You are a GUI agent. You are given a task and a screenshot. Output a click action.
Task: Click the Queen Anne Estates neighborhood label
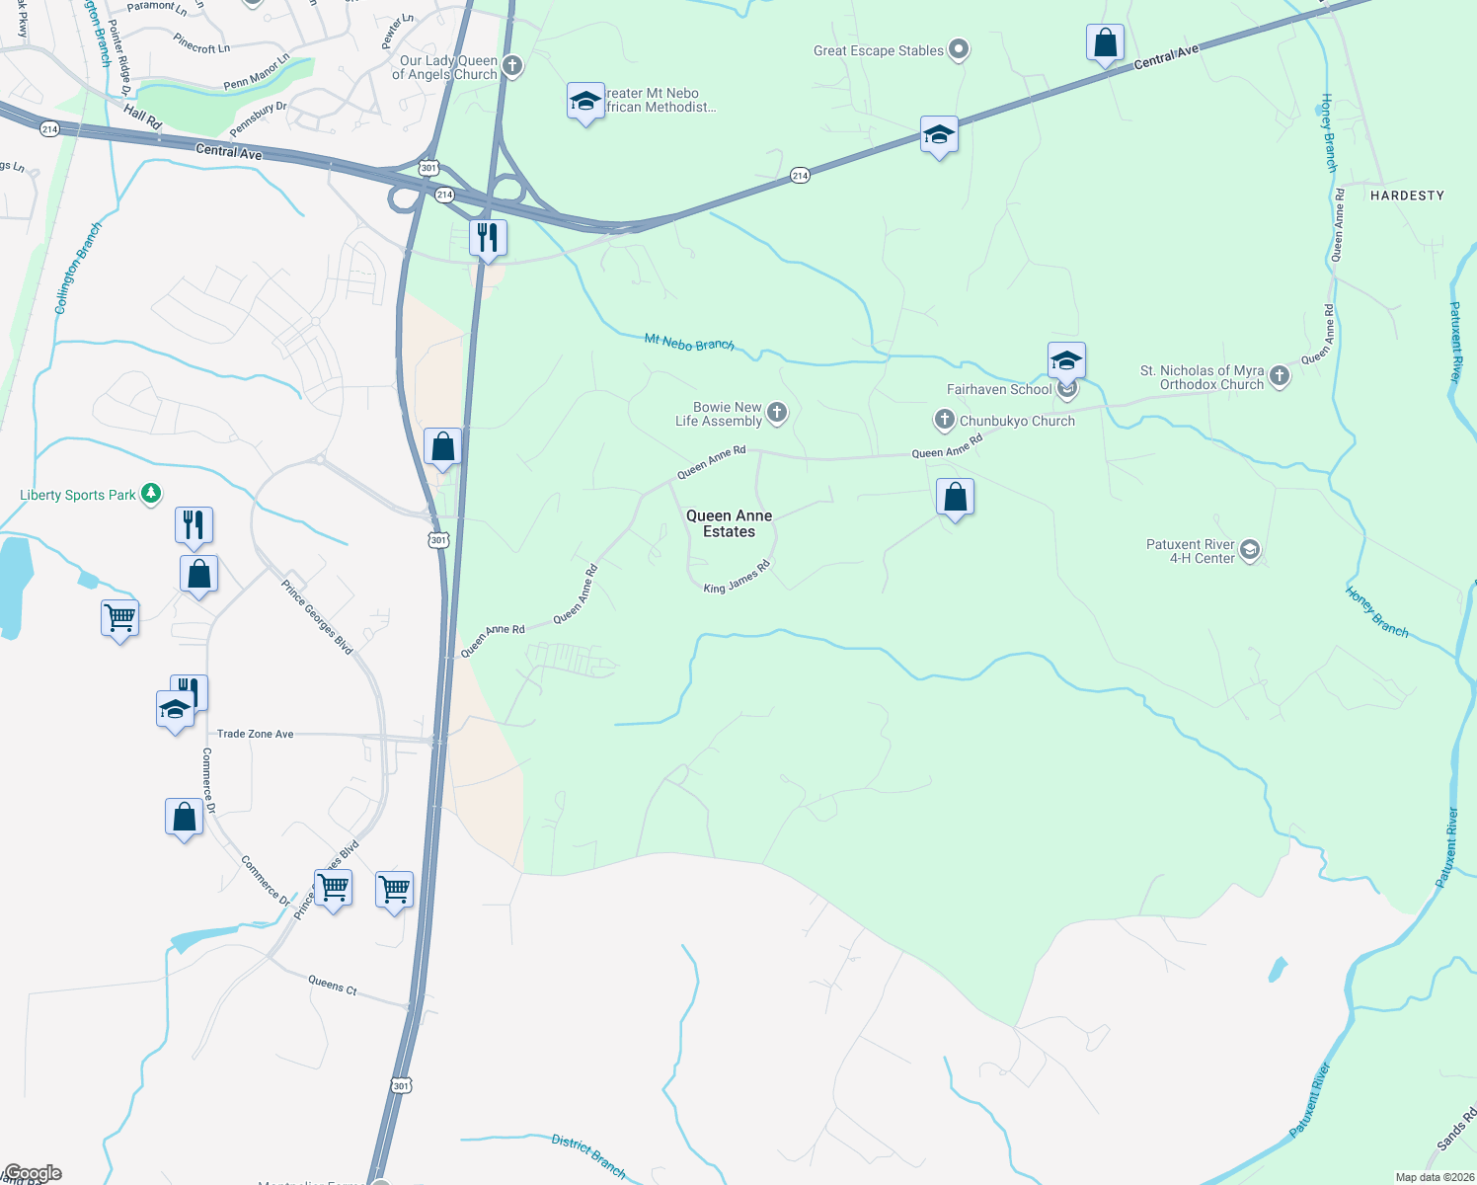click(729, 523)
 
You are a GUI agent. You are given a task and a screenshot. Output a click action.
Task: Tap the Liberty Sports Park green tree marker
click(151, 494)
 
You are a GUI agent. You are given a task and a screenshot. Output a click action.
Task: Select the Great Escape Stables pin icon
click(958, 50)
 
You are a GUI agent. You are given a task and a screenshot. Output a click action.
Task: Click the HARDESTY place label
click(1407, 196)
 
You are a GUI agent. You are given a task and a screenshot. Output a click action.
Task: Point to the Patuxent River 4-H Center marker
click(1250, 550)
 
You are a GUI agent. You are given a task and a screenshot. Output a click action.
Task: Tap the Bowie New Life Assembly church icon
click(777, 413)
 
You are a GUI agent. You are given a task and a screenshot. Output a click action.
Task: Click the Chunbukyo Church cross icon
click(944, 421)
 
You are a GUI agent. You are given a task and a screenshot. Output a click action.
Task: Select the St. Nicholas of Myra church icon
click(1280, 376)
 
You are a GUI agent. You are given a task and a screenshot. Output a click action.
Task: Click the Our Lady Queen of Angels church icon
click(511, 67)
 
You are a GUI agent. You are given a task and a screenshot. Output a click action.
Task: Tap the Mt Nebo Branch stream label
click(689, 343)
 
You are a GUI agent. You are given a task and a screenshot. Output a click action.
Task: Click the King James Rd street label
click(737, 578)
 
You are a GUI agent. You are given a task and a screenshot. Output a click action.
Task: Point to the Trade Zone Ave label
click(256, 734)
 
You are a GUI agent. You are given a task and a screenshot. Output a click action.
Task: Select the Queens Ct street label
click(333, 985)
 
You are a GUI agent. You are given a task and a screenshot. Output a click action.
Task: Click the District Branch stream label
click(588, 1155)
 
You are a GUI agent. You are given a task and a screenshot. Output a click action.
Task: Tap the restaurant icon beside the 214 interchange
click(488, 238)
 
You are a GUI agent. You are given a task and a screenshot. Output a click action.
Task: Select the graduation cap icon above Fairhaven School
click(1066, 360)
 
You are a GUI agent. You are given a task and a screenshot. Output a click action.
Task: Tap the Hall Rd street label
click(142, 118)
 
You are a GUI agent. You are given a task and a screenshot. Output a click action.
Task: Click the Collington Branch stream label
click(78, 269)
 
